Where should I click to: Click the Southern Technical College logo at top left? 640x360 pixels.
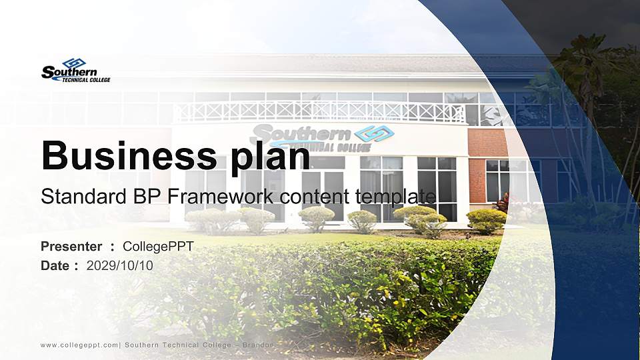point(75,70)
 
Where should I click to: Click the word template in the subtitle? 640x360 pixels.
point(397,196)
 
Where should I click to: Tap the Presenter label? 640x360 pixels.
point(71,247)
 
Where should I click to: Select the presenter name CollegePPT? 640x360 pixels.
point(158,247)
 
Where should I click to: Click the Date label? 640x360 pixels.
point(55,265)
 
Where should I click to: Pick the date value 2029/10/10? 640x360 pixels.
point(120,265)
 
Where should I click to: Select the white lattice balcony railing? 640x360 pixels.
point(320,111)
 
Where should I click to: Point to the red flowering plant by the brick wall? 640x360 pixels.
point(501,201)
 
